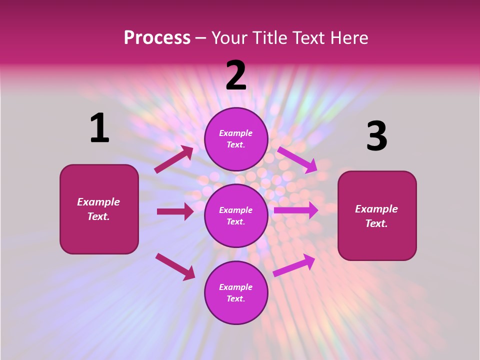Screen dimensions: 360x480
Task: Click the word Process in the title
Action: (x=157, y=37)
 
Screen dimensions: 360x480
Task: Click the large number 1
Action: (x=99, y=128)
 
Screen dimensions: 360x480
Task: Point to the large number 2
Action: (x=236, y=75)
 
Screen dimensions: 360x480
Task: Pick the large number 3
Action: (x=376, y=136)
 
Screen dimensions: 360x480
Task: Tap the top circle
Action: (x=236, y=139)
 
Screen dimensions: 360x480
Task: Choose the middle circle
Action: (x=236, y=215)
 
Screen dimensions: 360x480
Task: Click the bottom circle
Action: (x=236, y=292)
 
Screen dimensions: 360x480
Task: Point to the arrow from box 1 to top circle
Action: (x=174, y=159)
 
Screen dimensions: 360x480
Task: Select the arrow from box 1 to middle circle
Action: (x=175, y=211)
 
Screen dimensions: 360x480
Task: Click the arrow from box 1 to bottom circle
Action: (x=175, y=266)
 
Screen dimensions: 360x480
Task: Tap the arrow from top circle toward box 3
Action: (x=297, y=160)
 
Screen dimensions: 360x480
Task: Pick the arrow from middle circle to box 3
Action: (x=296, y=210)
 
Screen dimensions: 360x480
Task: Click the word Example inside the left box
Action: (x=98, y=202)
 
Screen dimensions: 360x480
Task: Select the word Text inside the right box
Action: (x=376, y=223)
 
